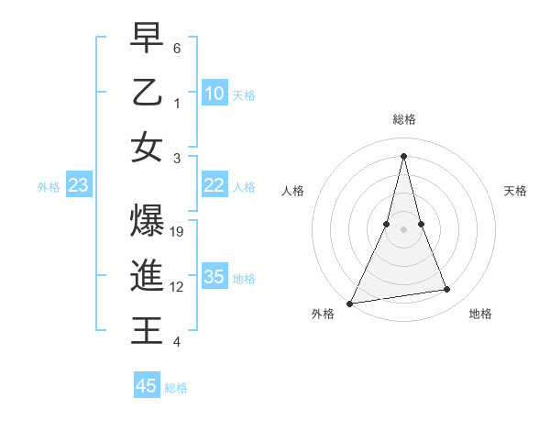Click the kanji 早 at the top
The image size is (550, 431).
(x=147, y=39)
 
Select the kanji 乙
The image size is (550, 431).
(x=147, y=93)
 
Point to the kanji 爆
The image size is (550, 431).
(x=147, y=222)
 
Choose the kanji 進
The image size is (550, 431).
(x=147, y=276)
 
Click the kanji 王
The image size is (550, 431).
(x=147, y=330)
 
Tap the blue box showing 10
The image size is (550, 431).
(x=214, y=94)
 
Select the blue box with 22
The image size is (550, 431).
(x=214, y=185)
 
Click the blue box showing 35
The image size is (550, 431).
(x=214, y=277)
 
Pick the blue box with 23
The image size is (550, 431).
(x=79, y=185)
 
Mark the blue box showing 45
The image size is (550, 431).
(x=147, y=386)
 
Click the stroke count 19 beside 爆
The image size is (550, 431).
(x=178, y=232)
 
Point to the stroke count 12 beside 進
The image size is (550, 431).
(x=178, y=287)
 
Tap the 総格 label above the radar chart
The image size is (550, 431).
(x=404, y=119)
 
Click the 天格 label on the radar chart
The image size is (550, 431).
(x=516, y=191)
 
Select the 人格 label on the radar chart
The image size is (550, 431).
(x=293, y=191)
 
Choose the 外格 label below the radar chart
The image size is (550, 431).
(x=323, y=315)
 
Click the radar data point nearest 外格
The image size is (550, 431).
(x=350, y=303)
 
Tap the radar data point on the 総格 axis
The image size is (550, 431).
(x=404, y=155)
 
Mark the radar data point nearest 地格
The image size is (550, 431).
(x=447, y=290)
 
